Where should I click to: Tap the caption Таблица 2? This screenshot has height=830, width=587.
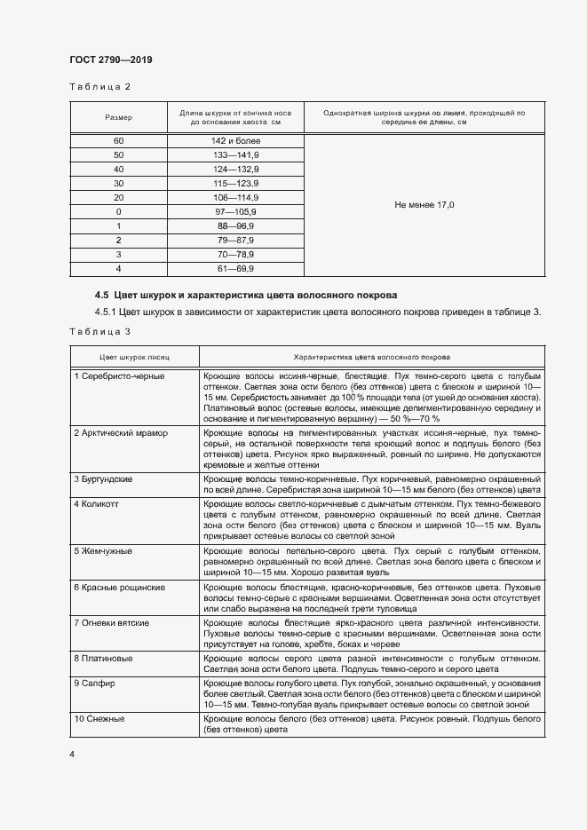[x=99, y=87]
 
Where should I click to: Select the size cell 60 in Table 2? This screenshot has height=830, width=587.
[x=118, y=141]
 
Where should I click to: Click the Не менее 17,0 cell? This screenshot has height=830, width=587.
[x=424, y=205]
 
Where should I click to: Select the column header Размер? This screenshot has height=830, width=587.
[x=118, y=118]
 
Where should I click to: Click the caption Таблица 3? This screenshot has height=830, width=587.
[x=99, y=331]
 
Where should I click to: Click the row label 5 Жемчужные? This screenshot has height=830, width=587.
[x=103, y=550]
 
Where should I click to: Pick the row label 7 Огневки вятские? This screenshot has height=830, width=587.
[x=112, y=622]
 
